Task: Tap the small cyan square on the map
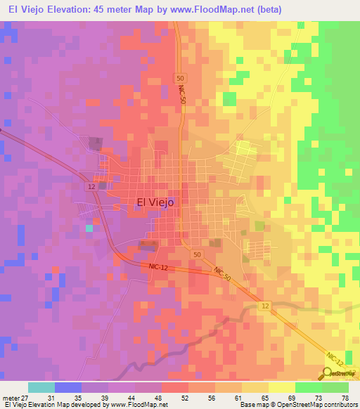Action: click(x=89, y=228)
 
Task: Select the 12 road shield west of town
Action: click(x=92, y=186)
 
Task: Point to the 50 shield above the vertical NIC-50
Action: click(x=181, y=78)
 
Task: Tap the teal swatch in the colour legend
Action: click(x=41, y=388)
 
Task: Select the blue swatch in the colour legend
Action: click(x=67, y=388)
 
